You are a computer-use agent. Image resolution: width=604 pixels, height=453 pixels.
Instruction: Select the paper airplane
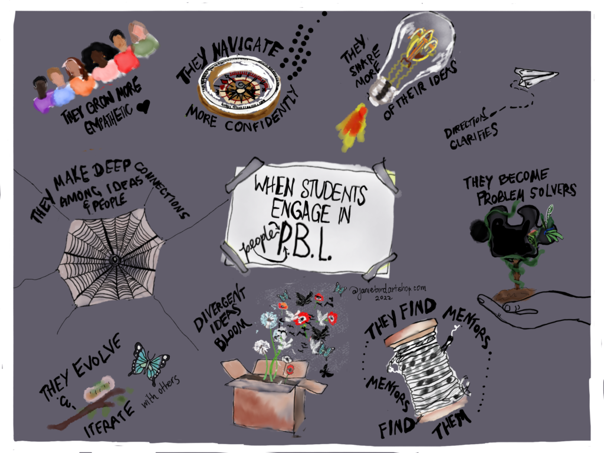[x=534, y=77]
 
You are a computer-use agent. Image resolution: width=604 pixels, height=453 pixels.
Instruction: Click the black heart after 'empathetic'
[x=143, y=106]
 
